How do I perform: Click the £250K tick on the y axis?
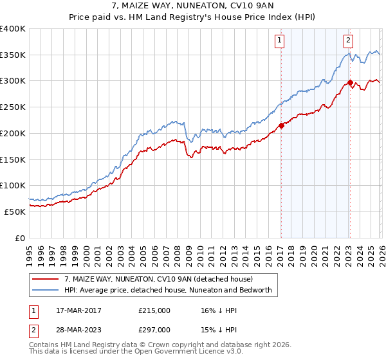[x=13, y=107]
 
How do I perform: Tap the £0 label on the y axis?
[x=19, y=238]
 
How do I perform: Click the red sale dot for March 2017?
[x=281, y=125]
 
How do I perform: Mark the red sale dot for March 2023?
[x=350, y=82]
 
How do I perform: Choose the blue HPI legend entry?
[x=169, y=291]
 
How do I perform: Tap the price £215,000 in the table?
[x=154, y=310]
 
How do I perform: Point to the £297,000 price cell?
[x=154, y=330]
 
